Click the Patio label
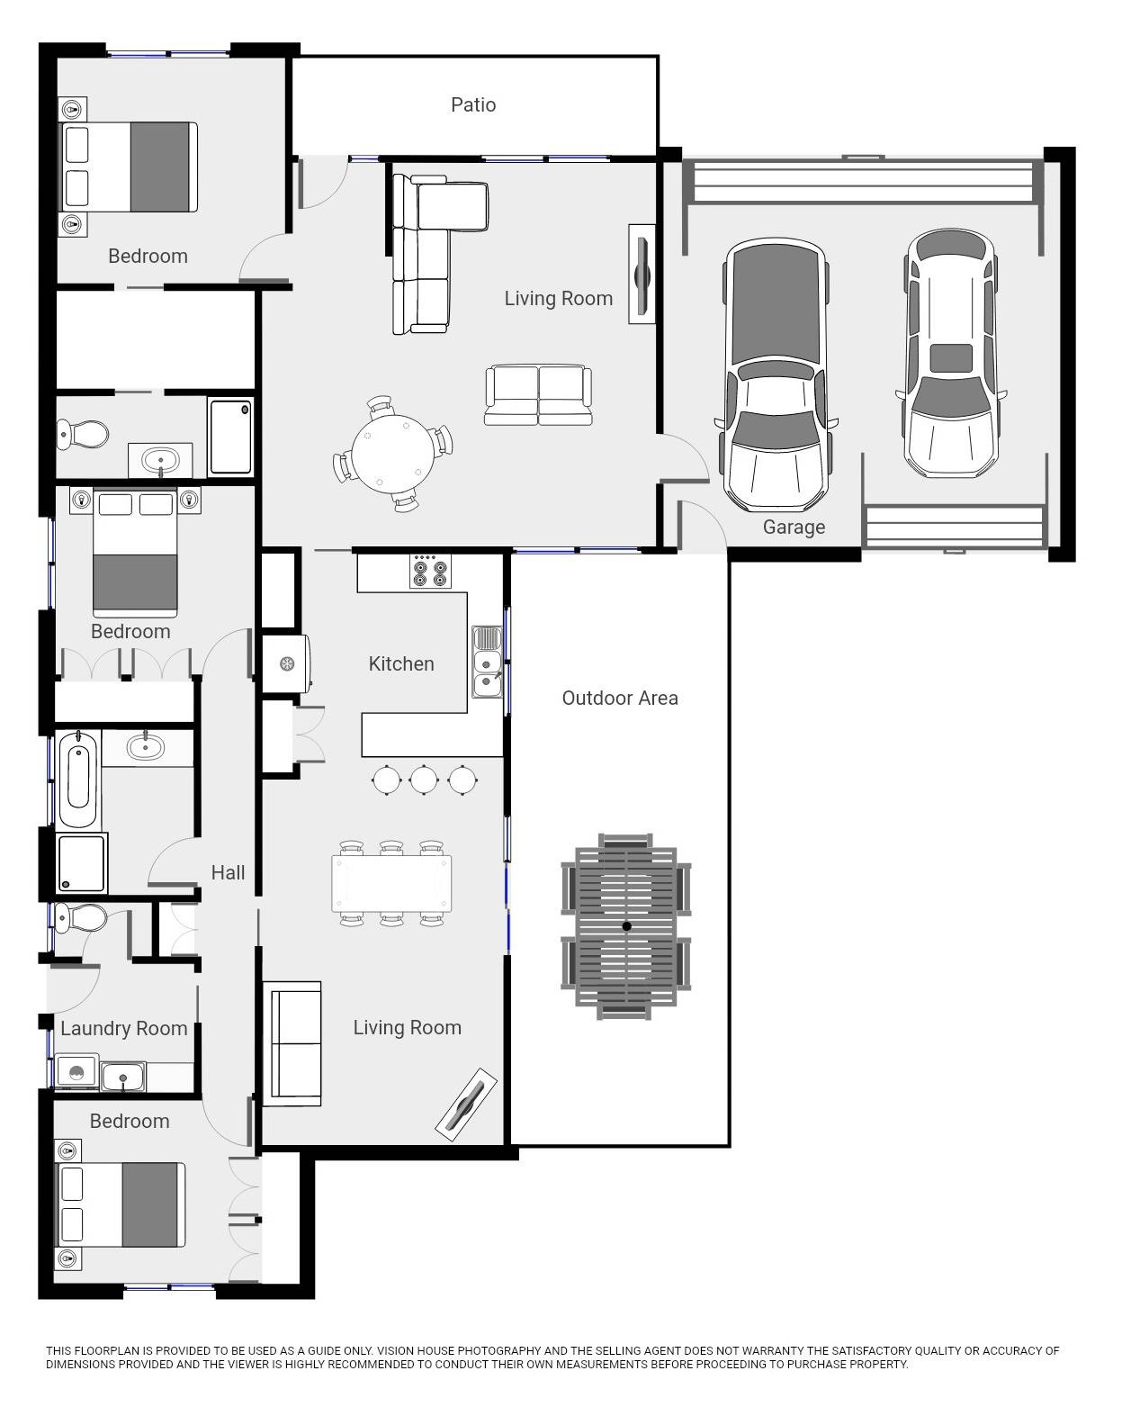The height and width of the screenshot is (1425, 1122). pos(472,104)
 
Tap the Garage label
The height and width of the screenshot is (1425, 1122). pos(794,528)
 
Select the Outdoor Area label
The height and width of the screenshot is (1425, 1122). pos(620,698)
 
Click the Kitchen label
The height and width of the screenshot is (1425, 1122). pos(401,663)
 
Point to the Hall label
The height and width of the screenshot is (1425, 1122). pos(228,873)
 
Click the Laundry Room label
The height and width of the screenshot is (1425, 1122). pos(124,1028)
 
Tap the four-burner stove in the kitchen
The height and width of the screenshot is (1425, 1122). pos(430,571)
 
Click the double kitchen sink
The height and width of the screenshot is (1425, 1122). pos(487,662)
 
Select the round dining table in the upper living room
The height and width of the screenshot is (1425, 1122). pos(393,455)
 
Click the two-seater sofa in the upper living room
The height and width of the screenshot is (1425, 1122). pos(538,394)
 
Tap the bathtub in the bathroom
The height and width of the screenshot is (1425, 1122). pos(78,779)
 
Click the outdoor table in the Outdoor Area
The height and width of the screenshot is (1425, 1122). pos(626,925)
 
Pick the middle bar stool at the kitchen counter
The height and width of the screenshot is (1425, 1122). pos(424,780)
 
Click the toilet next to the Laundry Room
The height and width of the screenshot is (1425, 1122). pos(81,918)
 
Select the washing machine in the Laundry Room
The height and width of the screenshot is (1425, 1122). pos(76,1073)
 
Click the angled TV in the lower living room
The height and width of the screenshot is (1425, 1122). pos(466,1104)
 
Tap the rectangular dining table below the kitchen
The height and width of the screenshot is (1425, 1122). pos(392,883)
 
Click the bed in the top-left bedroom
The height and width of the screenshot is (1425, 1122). pos(129,167)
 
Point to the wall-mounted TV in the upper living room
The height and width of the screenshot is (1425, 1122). pos(641,275)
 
